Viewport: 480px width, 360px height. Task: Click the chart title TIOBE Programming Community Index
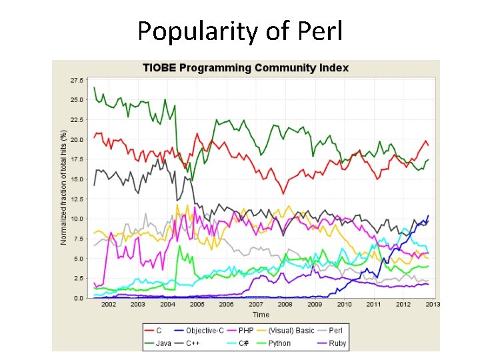click(245, 68)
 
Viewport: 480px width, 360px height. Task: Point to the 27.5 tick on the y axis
click(76, 80)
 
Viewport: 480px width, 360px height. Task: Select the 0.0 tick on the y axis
click(78, 298)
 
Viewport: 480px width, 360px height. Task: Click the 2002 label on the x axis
click(108, 305)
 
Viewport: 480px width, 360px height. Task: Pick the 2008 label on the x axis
click(285, 305)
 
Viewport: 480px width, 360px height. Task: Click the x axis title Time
click(261, 314)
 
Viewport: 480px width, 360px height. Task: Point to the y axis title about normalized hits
click(64, 187)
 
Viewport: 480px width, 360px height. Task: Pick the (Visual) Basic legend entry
click(291, 331)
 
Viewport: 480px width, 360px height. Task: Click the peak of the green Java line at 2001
click(94, 87)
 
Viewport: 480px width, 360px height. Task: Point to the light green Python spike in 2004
click(179, 247)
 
